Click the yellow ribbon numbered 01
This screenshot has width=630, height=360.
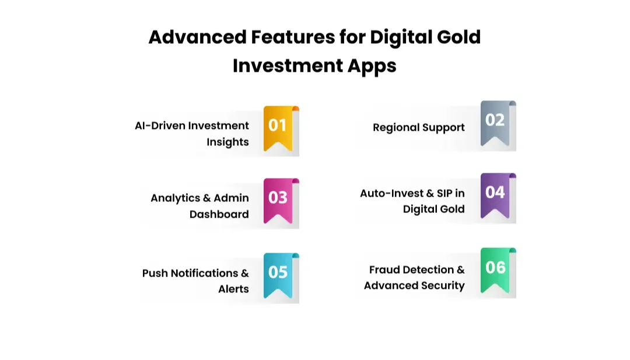click(x=278, y=127)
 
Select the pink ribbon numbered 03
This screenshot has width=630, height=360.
click(x=278, y=199)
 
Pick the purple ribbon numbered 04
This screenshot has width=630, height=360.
click(x=495, y=194)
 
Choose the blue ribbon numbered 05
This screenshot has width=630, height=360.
click(x=278, y=274)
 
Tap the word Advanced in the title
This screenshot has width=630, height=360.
click(x=198, y=37)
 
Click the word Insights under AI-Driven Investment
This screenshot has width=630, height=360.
click(x=228, y=142)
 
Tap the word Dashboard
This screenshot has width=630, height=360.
click(x=219, y=214)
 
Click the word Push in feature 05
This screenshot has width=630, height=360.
click(x=155, y=273)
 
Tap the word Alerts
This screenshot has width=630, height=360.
click(x=233, y=289)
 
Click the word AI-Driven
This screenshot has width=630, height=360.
click(x=159, y=125)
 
